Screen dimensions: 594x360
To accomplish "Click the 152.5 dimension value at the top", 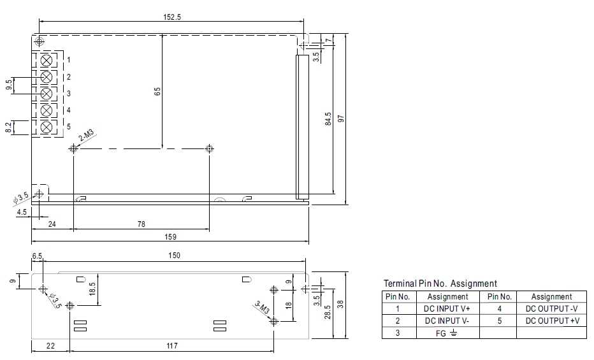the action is [172, 17].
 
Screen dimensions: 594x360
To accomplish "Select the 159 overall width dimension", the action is [170, 237].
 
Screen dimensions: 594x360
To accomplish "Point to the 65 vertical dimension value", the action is [157, 91].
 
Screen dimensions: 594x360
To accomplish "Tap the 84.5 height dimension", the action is [328, 119].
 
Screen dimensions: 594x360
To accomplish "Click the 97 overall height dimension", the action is [342, 119].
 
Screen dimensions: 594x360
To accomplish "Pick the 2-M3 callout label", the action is [87, 136].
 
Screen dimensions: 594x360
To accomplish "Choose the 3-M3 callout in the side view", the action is [262, 307].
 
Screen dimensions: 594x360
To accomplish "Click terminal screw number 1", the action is [47, 60].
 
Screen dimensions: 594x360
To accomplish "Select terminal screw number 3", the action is [47, 94].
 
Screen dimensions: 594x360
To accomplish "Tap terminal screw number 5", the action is [47, 127].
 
